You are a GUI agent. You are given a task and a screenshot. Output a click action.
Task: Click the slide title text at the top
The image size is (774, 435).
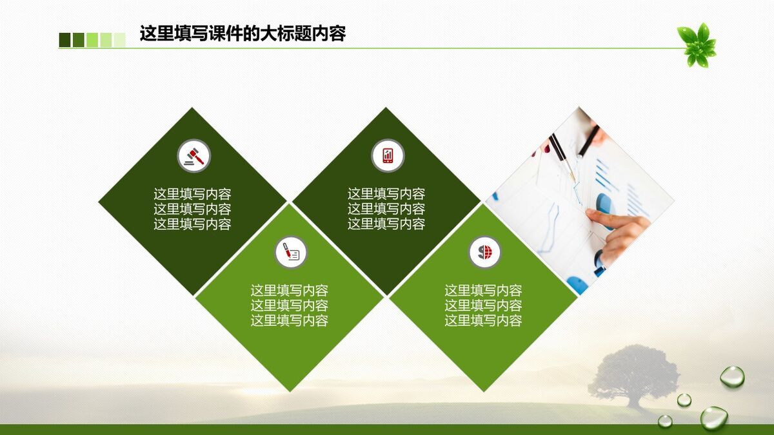tap(243, 33)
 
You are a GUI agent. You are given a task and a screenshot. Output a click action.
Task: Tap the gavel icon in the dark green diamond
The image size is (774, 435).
tap(193, 156)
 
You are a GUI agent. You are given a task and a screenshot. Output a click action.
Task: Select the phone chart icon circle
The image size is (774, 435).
tap(388, 156)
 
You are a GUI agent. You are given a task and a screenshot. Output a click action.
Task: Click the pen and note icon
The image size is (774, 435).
tap(291, 252)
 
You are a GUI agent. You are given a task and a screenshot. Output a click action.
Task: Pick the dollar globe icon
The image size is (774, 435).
tap(484, 252)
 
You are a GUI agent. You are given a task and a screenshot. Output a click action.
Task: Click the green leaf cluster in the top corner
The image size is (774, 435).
tap(697, 45)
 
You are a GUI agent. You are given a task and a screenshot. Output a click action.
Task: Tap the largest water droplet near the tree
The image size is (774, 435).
tap(714, 418)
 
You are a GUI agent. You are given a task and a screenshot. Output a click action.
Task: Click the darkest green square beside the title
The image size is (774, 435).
tap(64, 40)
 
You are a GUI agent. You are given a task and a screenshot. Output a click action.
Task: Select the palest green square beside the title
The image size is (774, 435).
tap(119, 40)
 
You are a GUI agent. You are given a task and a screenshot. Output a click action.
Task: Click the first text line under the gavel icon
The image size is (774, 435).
tap(192, 194)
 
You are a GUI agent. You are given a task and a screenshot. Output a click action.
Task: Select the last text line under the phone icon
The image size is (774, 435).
tap(386, 224)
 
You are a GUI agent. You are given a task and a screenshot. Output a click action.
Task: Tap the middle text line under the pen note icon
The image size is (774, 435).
tap(289, 305)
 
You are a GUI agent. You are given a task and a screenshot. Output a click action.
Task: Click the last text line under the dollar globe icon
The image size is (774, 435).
tap(483, 320)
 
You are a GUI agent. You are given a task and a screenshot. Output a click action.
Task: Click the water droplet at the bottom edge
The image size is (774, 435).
tap(665, 421)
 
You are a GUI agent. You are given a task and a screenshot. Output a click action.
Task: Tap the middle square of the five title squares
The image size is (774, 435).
tap(92, 40)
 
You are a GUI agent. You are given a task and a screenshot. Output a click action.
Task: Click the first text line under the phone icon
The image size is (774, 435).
tap(386, 194)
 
